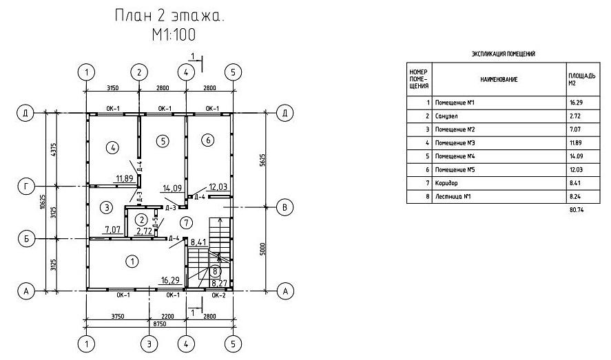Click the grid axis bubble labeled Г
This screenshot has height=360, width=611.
(26, 187)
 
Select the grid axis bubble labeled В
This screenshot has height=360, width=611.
(281, 206)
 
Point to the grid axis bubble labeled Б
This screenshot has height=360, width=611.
(26, 239)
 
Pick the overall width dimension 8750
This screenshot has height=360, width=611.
(159, 323)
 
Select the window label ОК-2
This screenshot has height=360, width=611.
(218, 296)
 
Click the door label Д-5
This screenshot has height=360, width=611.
(155, 223)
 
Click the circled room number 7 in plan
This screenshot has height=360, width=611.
(185, 222)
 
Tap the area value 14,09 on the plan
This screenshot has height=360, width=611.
(171, 187)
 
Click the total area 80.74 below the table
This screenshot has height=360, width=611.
(577, 209)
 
